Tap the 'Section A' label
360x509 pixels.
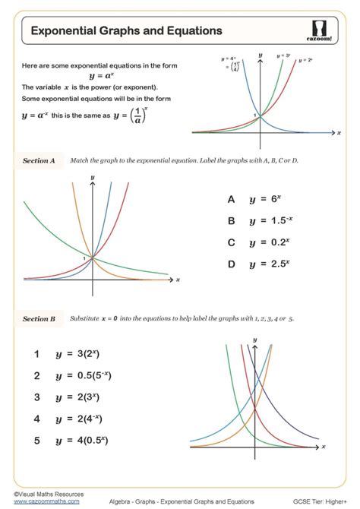(x=39, y=161)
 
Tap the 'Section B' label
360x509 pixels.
(x=39, y=319)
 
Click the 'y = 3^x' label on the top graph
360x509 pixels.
(x=284, y=55)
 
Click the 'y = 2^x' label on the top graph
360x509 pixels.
(x=306, y=59)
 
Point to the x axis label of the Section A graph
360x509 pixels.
(x=178, y=280)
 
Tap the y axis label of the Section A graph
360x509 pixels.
(x=92, y=177)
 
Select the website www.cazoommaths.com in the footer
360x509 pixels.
(x=36, y=501)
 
